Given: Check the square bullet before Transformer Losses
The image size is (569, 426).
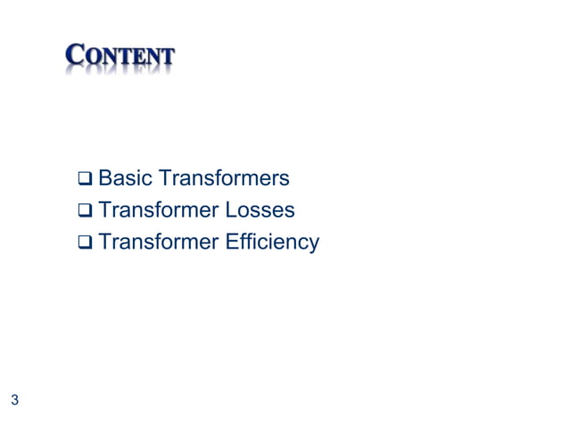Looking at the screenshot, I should pos(85,212).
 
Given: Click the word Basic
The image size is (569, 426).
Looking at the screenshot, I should pos(124,180).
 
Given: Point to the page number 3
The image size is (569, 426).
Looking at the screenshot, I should pos(14,399).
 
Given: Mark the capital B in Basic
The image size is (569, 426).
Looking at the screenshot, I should pos(104,180).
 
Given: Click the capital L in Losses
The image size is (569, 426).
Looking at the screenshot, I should pos(232,211).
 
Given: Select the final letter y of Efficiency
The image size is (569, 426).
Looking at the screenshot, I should pos(313,245).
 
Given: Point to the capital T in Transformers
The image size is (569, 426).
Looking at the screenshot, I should pos(162,180).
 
